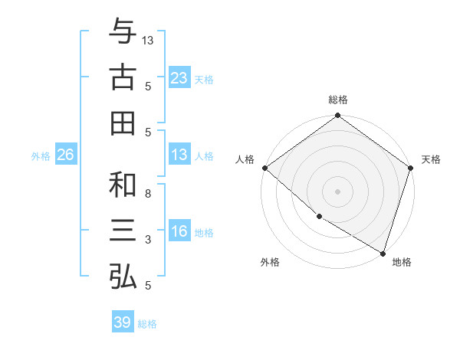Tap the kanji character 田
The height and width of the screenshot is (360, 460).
pyautogui.click(x=123, y=123)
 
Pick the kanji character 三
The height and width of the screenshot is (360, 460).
pyautogui.click(x=123, y=231)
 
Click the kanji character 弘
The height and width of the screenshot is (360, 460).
pyautogui.click(x=123, y=276)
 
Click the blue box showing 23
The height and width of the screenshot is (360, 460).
pyautogui.click(x=179, y=77)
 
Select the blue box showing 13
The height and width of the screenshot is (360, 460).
pyautogui.click(x=179, y=155)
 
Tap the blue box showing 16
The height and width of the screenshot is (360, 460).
pyautogui.click(x=179, y=231)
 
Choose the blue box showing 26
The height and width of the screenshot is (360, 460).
pyautogui.click(x=65, y=155)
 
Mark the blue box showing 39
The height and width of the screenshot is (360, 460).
pyautogui.click(x=122, y=322)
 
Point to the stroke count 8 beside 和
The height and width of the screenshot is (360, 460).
pyautogui.click(x=148, y=194)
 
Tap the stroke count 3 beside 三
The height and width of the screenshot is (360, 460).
pyautogui.click(x=148, y=240)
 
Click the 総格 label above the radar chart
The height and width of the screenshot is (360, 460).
pyautogui.click(x=338, y=100)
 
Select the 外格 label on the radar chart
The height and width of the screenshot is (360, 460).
pyautogui.click(x=270, y=262)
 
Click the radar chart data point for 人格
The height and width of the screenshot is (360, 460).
pyautogui.click(x=264, y=168)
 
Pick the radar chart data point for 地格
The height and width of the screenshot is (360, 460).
pyautogui.click(x=383, y=252)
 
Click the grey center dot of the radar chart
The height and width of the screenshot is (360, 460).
pyautogui.click(x=338, y=191)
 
